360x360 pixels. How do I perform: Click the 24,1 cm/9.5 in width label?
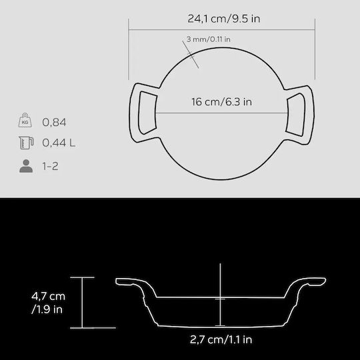point(224,19)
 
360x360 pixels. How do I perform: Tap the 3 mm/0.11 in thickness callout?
point(208,39)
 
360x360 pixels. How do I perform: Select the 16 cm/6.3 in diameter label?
point(221,102)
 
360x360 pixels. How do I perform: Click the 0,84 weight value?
point(54,122)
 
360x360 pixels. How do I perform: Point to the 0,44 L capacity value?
point(59,143)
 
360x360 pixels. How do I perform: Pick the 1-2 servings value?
point(50,166)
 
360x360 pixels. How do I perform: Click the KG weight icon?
point(25,120)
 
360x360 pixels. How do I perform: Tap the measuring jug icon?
point(26,143)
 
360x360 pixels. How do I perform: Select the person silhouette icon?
point(26,166)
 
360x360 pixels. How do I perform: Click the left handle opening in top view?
point(147,113)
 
